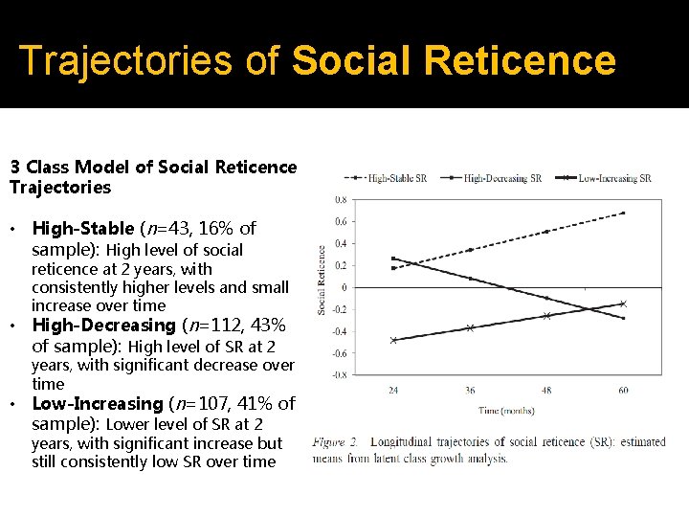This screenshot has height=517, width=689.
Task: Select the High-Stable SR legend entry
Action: point(391,178)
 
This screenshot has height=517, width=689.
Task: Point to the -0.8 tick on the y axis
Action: point(340,375)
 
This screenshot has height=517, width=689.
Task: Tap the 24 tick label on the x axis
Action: point(393,390)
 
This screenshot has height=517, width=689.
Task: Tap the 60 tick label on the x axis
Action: point(623,390)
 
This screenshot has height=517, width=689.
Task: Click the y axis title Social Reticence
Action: point(322,280)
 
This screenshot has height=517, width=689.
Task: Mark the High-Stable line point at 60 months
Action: point(623,213)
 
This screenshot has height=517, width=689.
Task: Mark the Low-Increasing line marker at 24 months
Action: point(393,340)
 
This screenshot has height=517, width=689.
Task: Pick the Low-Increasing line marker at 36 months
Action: point(470,327)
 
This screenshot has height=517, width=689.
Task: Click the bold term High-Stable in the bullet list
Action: point(83,229)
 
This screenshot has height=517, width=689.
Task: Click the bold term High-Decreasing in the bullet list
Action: point(104,326)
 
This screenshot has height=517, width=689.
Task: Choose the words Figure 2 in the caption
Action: point(335,443)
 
